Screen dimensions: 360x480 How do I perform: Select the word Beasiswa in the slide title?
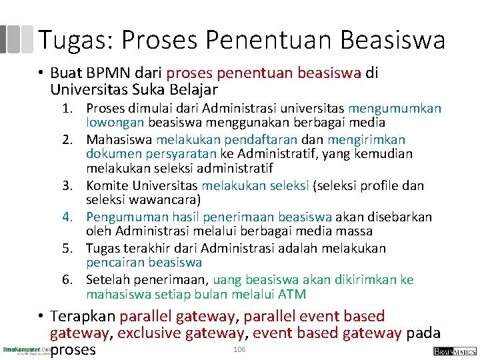[x=392, y=40]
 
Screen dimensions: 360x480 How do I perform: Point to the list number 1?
[x=69, y=109]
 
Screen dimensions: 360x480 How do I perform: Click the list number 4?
[x=69, y=217]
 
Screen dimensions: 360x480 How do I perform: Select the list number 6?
[x=69, y=280]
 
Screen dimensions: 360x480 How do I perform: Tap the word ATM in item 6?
[x=293, y=295]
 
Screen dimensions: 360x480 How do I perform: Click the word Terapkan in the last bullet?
[x=83, y=316]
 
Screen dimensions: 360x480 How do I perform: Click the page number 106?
[x=239, y=350]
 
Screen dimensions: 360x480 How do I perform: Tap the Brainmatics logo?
[x=454, y=351]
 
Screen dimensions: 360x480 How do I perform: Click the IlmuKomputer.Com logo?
[x=25, y=351]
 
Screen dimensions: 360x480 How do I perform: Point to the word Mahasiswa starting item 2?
[x=119, y=139]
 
